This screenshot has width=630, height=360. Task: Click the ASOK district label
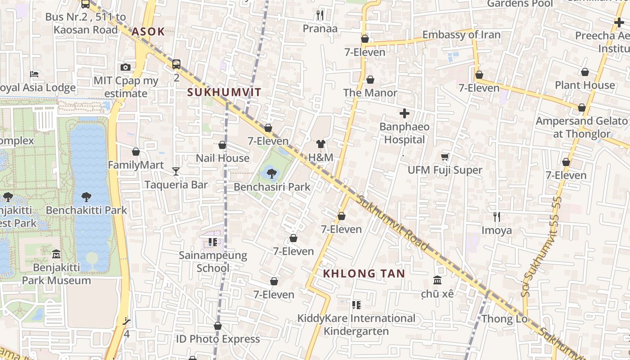point(148,32)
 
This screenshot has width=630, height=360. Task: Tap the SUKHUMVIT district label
point(224,92)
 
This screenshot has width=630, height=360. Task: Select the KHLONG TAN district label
point(364,273)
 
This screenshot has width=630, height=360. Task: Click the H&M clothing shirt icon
point(320,144)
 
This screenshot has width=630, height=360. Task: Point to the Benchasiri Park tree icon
point(271,173)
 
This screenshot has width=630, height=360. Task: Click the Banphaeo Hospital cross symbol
point(404,114)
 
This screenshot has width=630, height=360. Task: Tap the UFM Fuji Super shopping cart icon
point(445,157)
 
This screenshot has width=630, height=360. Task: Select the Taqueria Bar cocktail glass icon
point(175,171)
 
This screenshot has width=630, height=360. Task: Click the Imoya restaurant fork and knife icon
point(496,217)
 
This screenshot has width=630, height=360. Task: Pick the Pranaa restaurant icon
point(319,15)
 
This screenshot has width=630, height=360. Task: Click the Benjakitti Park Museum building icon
point(56,254)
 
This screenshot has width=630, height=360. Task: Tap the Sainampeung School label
point(213,261)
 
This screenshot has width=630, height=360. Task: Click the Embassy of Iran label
point(461,35)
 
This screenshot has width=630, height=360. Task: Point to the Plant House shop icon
point(585,72)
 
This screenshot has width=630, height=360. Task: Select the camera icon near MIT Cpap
point(126,67)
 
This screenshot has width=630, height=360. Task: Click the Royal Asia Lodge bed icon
point(34,74)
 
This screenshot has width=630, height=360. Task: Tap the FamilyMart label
point(135,165)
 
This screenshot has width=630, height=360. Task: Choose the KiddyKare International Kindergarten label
point(356,325)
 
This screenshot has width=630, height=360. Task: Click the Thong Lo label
point(498,319)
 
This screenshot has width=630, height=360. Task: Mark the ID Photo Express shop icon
point(218,326)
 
